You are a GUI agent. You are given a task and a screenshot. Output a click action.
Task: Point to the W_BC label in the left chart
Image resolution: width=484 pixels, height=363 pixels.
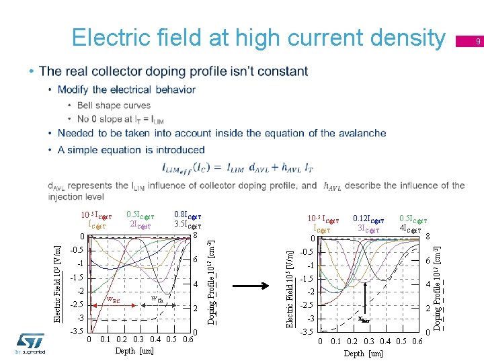[114, 299]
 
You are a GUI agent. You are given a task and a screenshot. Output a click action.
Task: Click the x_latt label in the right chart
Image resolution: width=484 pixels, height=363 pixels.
[364, 321]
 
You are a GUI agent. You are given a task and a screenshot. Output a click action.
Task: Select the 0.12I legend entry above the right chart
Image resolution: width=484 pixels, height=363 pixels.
[368, 219]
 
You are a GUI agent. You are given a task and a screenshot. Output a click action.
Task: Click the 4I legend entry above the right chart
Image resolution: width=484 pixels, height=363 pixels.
[409, 229]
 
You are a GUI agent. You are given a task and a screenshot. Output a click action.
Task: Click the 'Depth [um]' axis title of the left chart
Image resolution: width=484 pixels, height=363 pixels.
[134, 350]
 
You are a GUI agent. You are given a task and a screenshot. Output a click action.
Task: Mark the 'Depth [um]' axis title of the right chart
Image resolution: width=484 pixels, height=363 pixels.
[363, 354]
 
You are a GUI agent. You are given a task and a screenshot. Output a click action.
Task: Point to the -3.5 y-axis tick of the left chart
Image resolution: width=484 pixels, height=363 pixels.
[77, 331]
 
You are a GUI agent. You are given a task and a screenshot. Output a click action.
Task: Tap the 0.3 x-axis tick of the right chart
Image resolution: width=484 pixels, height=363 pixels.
[369, 341]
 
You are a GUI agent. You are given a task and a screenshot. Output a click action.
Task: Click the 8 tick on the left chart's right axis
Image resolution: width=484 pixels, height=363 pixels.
[195, 235]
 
